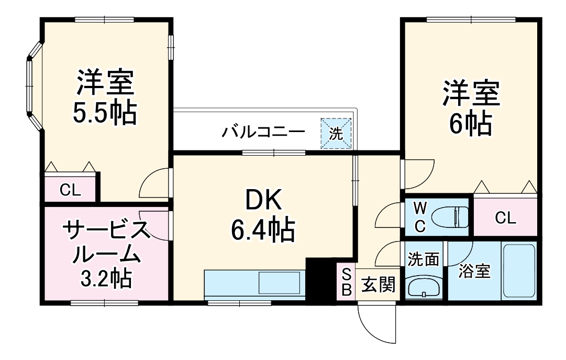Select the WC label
[x=420, y=217]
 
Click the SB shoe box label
[x=346, y=282]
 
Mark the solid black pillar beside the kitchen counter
[x=319, y=281]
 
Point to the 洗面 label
[x=424, y=259]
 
